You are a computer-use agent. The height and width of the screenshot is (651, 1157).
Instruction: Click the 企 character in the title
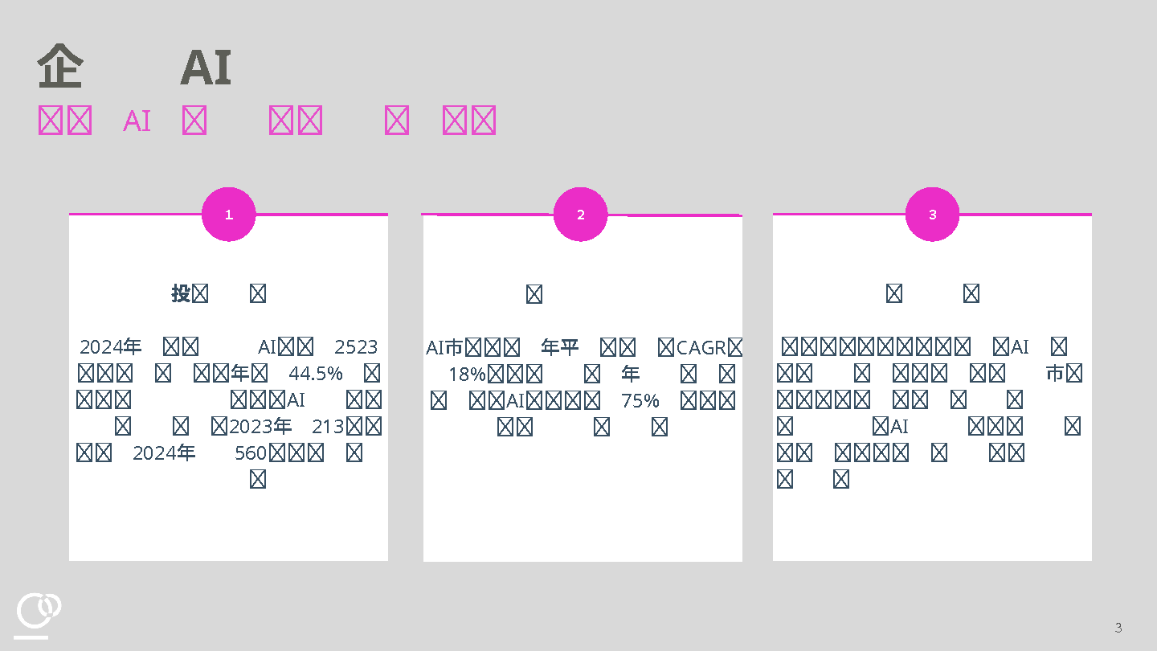pyautogui.click(x=60, y=68)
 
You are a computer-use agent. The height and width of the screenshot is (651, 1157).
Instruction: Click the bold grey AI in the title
pyautogui.click(x=206, y=68)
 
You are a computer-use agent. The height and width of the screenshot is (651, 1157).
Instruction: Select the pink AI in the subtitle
pyautogui.click(x=137, y=121)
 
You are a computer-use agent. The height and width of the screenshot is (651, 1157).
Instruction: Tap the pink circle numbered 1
pyautogui.click(x=229, y=215)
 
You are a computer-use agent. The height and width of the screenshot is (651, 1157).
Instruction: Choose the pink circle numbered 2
pyautogui.click(x=581, y=215)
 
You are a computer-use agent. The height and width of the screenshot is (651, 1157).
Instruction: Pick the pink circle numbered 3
pyautogui.click(x=932, y=215)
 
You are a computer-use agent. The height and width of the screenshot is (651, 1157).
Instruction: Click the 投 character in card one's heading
pyautogui.click(x=180, y=293)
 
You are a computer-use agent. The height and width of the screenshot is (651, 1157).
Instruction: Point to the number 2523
pyautogui.click(x=356, y=347)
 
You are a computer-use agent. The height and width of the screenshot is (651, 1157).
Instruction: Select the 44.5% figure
pyautogui.click(x=316, y=374)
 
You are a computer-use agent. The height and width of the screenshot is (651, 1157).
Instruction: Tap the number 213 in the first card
pyautogui.click(x=328, y=426)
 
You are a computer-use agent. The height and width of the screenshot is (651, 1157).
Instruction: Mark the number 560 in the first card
pyautogui.click(x=251, y=453)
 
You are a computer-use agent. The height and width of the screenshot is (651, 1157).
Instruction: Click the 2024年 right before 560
pyautogui.click(x=164, y=453)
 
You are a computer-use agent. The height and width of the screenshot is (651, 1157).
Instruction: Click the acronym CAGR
pyautogui.click(x=701, y=348)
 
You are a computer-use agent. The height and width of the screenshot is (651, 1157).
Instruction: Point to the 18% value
pyautogui.click(x=467, y=375)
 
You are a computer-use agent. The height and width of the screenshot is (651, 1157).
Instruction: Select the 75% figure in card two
pyautogui.click(x=640, y=400)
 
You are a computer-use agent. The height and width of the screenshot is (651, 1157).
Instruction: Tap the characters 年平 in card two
pyautogui.click(x=560, y=348)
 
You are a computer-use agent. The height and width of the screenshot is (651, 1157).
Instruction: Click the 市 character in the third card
pyautogui.click(x=1054, y=374)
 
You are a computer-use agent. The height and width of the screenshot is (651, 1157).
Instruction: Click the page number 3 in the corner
pyautogui.click(x=1118, y=628)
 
